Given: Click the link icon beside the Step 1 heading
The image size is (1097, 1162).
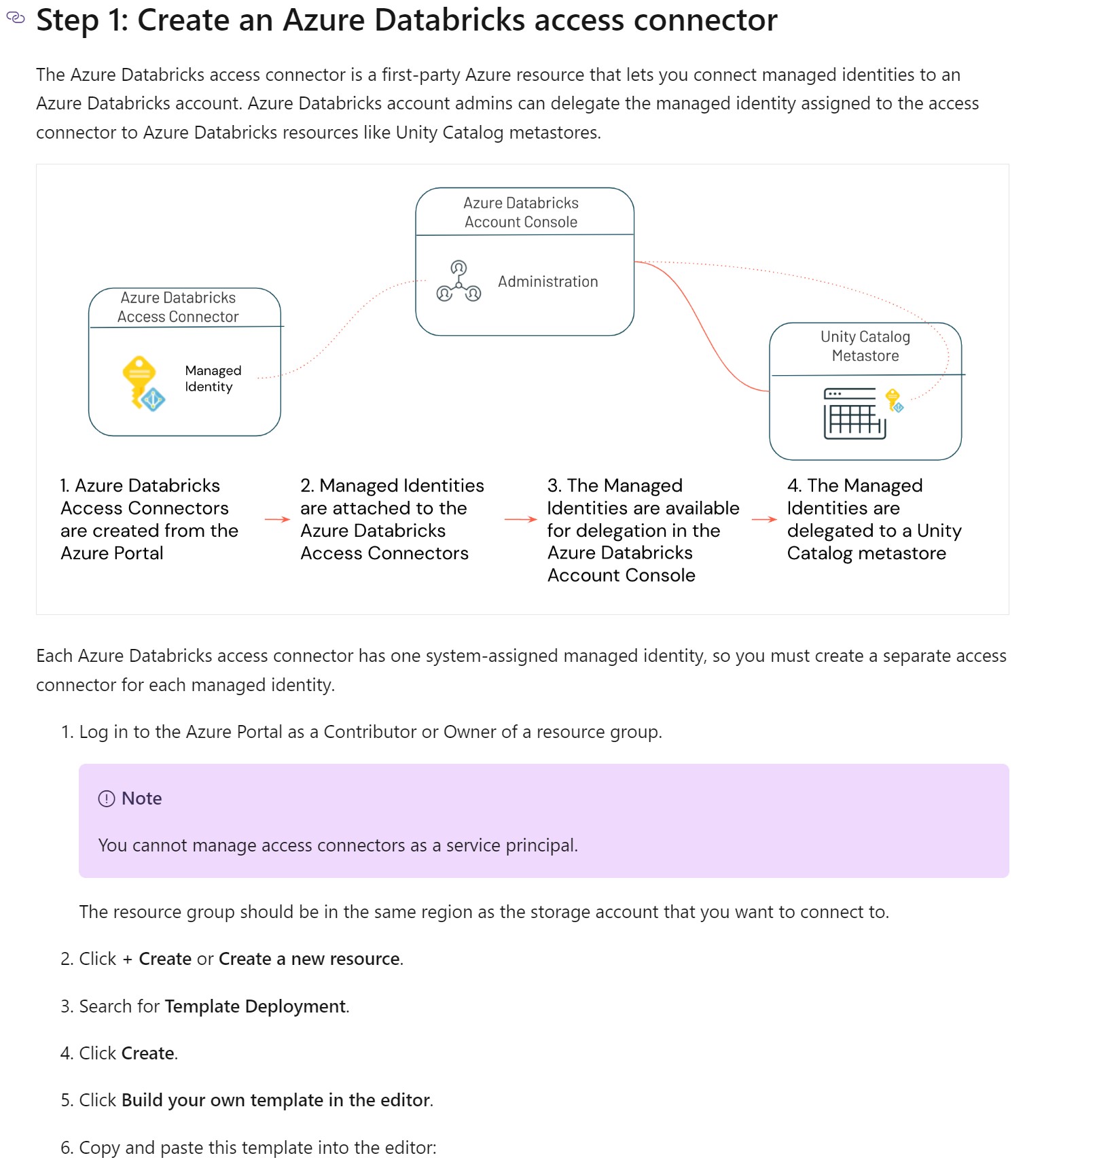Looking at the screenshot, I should [15, 18].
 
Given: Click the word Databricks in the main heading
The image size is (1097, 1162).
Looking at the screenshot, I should [450, 20].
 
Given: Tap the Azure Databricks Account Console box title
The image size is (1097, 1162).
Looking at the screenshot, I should [521, 212].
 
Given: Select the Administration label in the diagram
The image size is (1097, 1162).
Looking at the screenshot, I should [547, 281].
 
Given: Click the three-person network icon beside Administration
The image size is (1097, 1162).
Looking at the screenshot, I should [458, 281].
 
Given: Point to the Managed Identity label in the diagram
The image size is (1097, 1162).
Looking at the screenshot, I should [213, 378].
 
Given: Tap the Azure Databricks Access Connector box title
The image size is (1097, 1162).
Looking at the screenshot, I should [178, 307].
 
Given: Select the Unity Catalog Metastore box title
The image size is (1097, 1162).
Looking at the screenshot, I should [865, 346].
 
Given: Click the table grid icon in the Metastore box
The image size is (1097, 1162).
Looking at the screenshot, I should [854, 414].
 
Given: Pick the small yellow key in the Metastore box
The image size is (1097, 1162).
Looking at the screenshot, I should [894, 400].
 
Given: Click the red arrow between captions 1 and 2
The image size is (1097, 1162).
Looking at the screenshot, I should [277, 519].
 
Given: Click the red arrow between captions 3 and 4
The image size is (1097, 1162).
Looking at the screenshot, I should [764, 519].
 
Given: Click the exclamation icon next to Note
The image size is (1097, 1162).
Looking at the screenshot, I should [107, 798].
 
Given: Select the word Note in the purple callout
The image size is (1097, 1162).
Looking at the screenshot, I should [141, 798].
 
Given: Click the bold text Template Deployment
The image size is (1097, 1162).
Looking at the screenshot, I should [255, 1006].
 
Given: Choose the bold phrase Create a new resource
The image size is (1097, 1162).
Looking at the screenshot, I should [309, 959].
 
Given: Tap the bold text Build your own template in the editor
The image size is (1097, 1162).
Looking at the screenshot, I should [275, 1099].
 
